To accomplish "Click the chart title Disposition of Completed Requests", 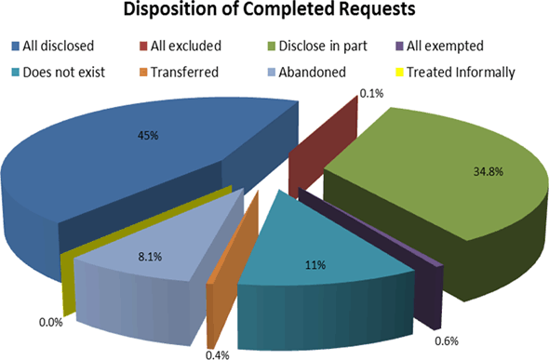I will (x=274, y=13).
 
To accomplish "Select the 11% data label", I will (x=316, y=265).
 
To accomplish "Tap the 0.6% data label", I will (x=449, y=340).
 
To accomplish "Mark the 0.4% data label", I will (x=219, y=353).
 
